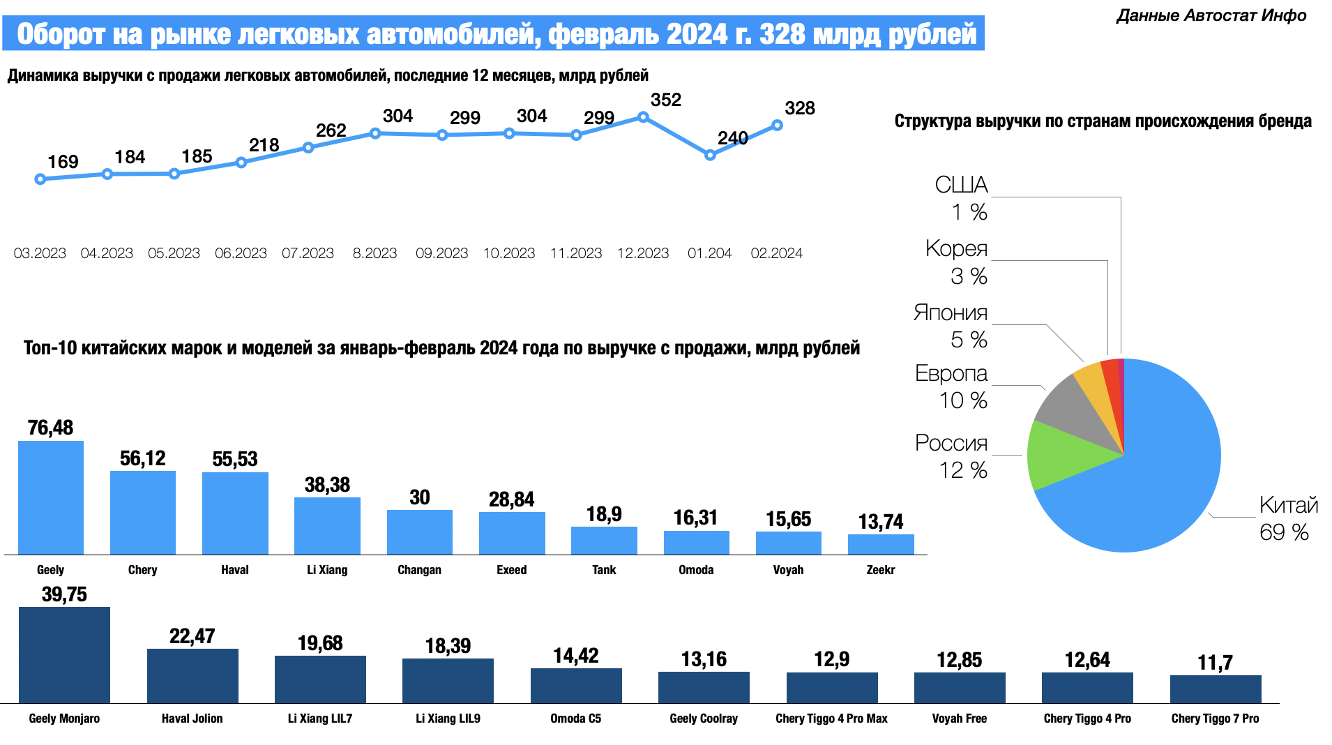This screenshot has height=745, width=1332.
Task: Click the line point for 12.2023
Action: (643, 118)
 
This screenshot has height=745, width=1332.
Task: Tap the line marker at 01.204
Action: (710, 155)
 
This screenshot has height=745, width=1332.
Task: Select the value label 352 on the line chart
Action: (665, 100)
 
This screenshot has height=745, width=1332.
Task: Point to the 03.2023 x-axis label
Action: (40, 253)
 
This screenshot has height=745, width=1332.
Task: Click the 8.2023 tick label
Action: (374, 253)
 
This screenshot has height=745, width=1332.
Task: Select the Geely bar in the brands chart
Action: (51, 497)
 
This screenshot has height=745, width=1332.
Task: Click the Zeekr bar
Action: (881, 544)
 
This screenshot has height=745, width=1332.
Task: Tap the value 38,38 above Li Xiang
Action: (327, 485)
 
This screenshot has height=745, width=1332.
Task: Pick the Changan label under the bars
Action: (419, 570)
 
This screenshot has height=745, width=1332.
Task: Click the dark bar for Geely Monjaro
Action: (64, 654)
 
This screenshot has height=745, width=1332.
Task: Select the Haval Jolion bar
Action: (192, 675)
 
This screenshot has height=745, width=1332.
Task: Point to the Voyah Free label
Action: (959, 718)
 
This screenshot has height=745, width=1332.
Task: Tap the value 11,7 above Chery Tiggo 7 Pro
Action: (1215, 663)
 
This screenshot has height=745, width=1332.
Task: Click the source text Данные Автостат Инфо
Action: (1211, 15)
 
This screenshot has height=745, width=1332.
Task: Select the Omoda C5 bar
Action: (576, 685)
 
